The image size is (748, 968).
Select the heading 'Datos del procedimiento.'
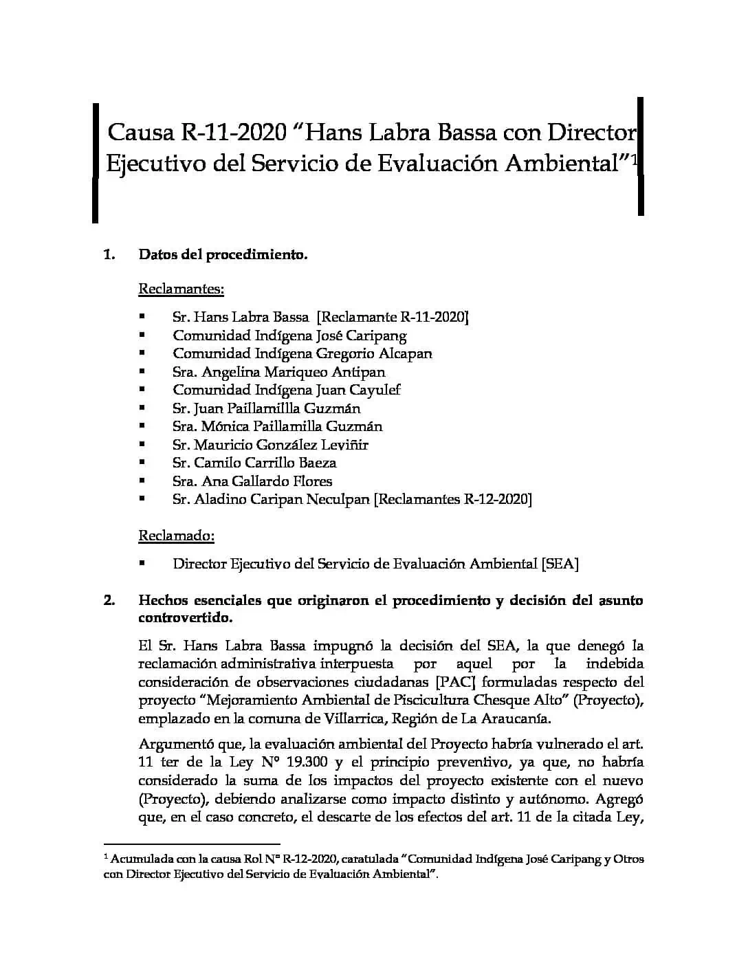tap(223, 254)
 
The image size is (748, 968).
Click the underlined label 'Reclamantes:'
tap(181, 289)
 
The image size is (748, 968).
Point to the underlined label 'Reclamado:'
tap(177, 535)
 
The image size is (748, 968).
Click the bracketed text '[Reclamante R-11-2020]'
tap(392, 317)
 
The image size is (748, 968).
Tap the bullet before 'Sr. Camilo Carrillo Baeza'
tap(142, 463)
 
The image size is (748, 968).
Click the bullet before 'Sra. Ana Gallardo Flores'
tap(142, 481)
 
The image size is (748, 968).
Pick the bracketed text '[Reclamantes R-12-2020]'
tap(452, 499)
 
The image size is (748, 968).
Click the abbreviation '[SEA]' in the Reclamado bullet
tap(560, 564)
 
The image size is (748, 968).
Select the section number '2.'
tap(109, 600)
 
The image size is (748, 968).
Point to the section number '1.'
tap(109, 254)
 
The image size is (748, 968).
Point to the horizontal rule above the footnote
tap(192, 843)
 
